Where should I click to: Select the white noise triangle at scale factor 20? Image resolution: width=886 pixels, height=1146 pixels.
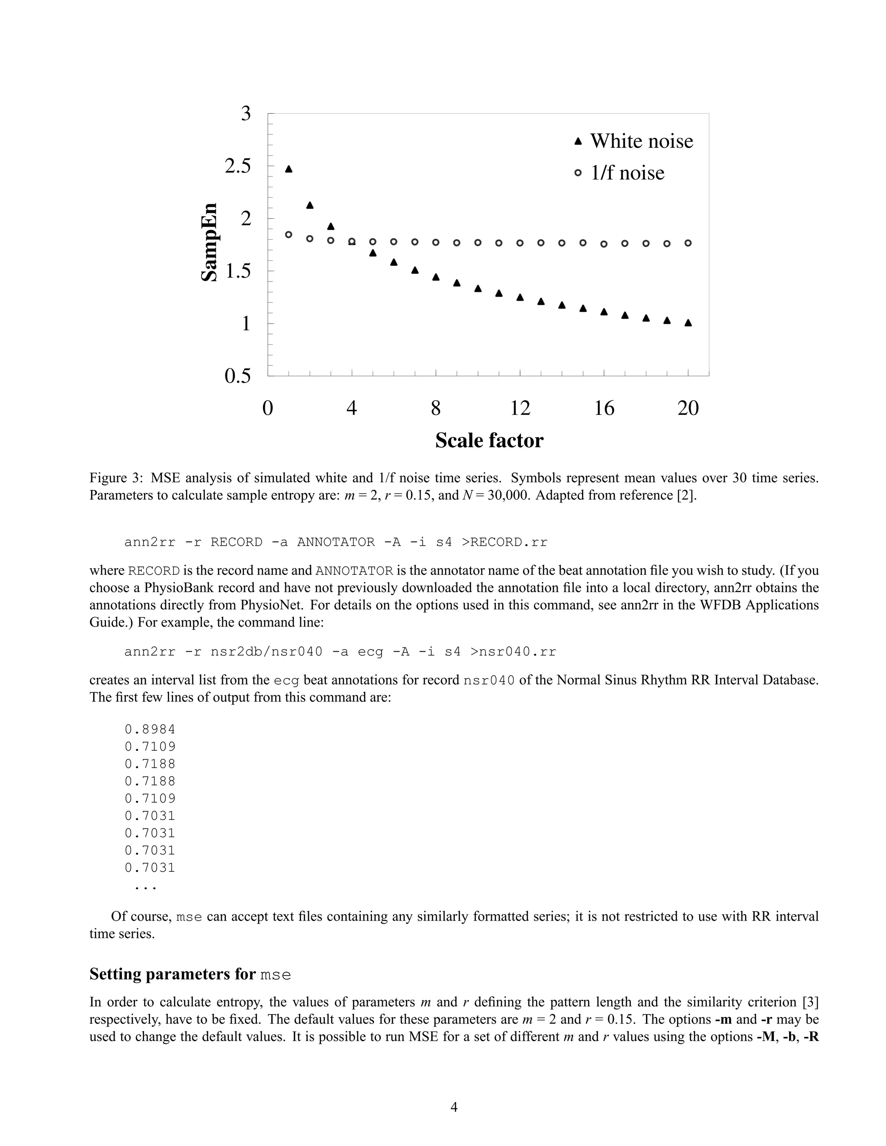(x=688, y=323)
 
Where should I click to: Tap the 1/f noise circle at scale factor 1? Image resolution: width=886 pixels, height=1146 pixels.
(x=289, y=234)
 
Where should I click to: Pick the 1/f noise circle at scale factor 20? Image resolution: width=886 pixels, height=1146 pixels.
(x=688, y=243)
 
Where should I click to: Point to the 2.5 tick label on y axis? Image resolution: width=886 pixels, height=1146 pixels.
(x=238, y=166)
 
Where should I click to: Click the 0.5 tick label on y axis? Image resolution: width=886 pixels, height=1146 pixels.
(x=238, y=376)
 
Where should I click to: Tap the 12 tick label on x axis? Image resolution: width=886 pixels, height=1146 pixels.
(x=520, y=408)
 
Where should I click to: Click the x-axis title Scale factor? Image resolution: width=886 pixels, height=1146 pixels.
(x=489, y=440)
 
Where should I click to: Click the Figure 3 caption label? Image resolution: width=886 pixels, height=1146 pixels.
(x=116, y=478)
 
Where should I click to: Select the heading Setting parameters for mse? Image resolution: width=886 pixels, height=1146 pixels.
(x=190, y=974)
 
